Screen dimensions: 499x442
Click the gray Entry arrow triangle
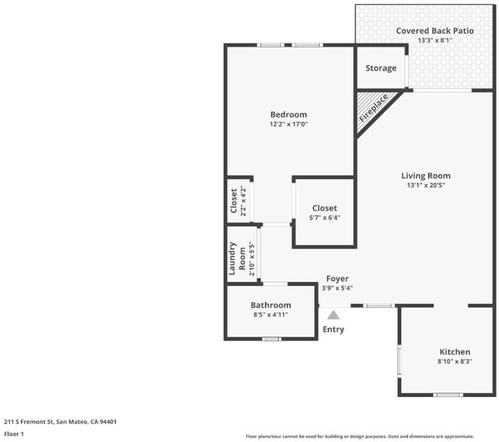coord(333,315)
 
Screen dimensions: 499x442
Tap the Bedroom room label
coord(289,115)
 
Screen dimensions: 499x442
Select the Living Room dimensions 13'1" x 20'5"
coord(426,185)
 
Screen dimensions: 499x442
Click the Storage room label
coord(381,69)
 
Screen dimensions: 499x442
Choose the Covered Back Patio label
coord(435,31)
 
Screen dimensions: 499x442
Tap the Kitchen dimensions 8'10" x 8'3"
coord(454,362)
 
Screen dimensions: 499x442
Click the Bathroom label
coord(271,305)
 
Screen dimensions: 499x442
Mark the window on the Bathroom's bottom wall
coord(272,339)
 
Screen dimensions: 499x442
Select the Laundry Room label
coord(237,259)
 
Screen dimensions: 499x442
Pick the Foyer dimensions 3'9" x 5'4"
coord(337,288)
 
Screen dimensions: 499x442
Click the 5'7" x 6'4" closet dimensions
coord(325,218)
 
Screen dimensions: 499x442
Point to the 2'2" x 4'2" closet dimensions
coord(244,201)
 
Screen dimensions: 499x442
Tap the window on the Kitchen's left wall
coord(399,361)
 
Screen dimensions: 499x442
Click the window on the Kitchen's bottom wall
coord(448,395)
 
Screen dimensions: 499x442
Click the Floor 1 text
coord(14,434)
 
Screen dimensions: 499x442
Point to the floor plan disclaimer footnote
coord(360,436)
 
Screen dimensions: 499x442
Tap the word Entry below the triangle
coord(333,329)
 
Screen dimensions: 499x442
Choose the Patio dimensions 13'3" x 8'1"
coord(435,41)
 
